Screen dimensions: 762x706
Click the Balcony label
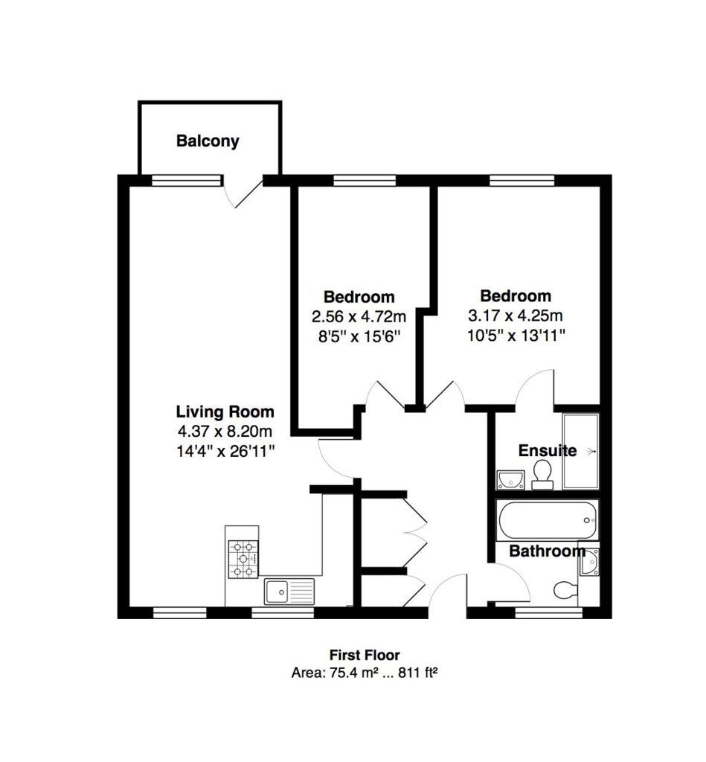[x=208, y=141]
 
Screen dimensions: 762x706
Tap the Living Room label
[x=225, y=412]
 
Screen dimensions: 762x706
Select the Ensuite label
[x=547, y=450]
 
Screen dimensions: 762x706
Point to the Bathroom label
[x=547, y=551]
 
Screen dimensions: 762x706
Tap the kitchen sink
[x=289, y=592]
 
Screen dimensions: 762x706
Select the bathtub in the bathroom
[x=547, y=522]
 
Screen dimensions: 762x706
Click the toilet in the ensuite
[x=542, y=473]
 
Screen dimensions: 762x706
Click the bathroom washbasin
[x=591, y=563]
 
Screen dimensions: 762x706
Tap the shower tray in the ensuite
[x=581, y=451]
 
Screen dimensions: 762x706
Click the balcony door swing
[x=243, y=193]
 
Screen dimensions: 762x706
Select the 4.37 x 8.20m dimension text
[x=225, y=431]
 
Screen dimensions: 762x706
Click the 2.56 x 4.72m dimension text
[x=359, y=317]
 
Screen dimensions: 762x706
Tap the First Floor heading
[x=365, y=656]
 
